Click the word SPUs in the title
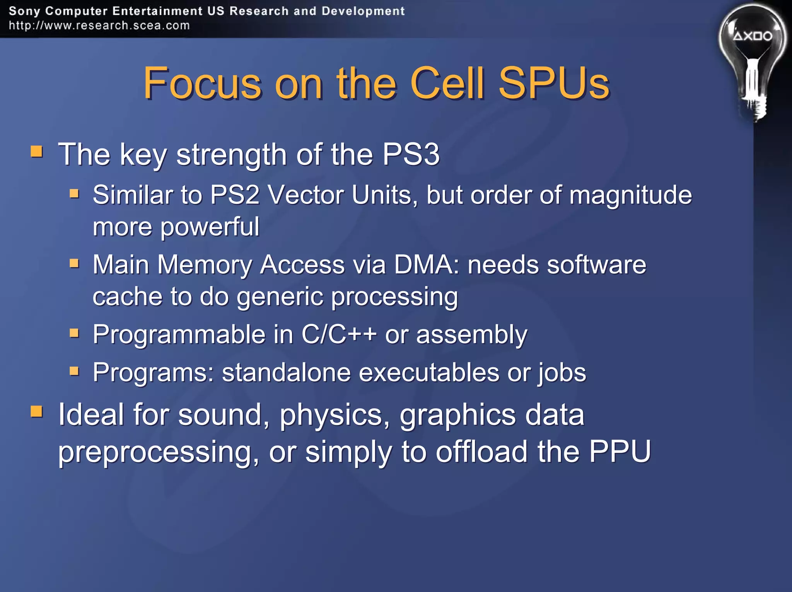554,83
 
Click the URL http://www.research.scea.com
99,26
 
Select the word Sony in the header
24,11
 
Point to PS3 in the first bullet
411,154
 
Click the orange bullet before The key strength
37,151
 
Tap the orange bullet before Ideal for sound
37,411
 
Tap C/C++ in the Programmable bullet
339,334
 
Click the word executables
429,373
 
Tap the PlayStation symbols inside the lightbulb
753,36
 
